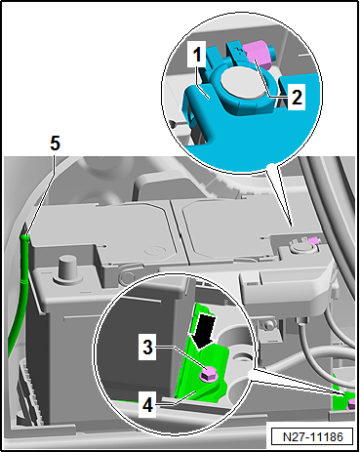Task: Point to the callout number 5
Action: [54, 142]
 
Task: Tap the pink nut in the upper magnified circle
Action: [258, 55]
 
